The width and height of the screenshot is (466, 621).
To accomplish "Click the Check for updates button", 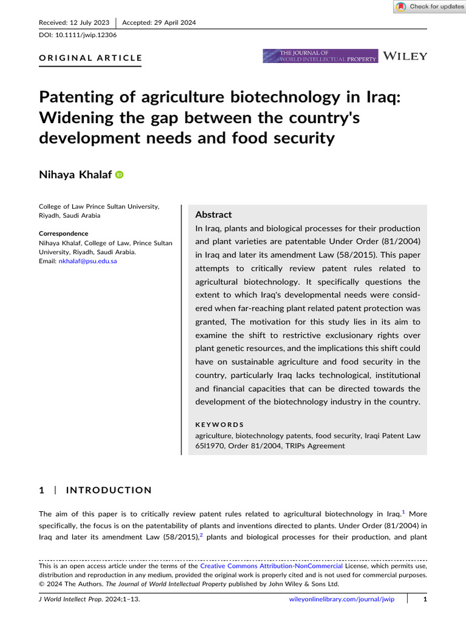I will [x=429, y=7].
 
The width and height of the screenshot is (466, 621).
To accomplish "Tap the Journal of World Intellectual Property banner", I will [x=320, y=56].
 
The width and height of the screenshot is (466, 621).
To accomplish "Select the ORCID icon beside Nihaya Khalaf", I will [x=119, y=175].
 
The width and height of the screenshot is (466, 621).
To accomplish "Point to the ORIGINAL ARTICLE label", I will [x=90, y=58].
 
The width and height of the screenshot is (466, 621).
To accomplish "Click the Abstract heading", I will [x=213, y=215].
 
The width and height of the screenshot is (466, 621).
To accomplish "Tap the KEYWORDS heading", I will [x=219, y=425].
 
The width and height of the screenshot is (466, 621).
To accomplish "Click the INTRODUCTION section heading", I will [x=109, y=490].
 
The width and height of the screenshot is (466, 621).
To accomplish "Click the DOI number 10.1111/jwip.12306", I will [x=86, y=35].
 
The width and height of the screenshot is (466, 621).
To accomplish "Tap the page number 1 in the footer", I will [x=425, y=599].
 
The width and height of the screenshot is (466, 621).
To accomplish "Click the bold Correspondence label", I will [x=64, y=233].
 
